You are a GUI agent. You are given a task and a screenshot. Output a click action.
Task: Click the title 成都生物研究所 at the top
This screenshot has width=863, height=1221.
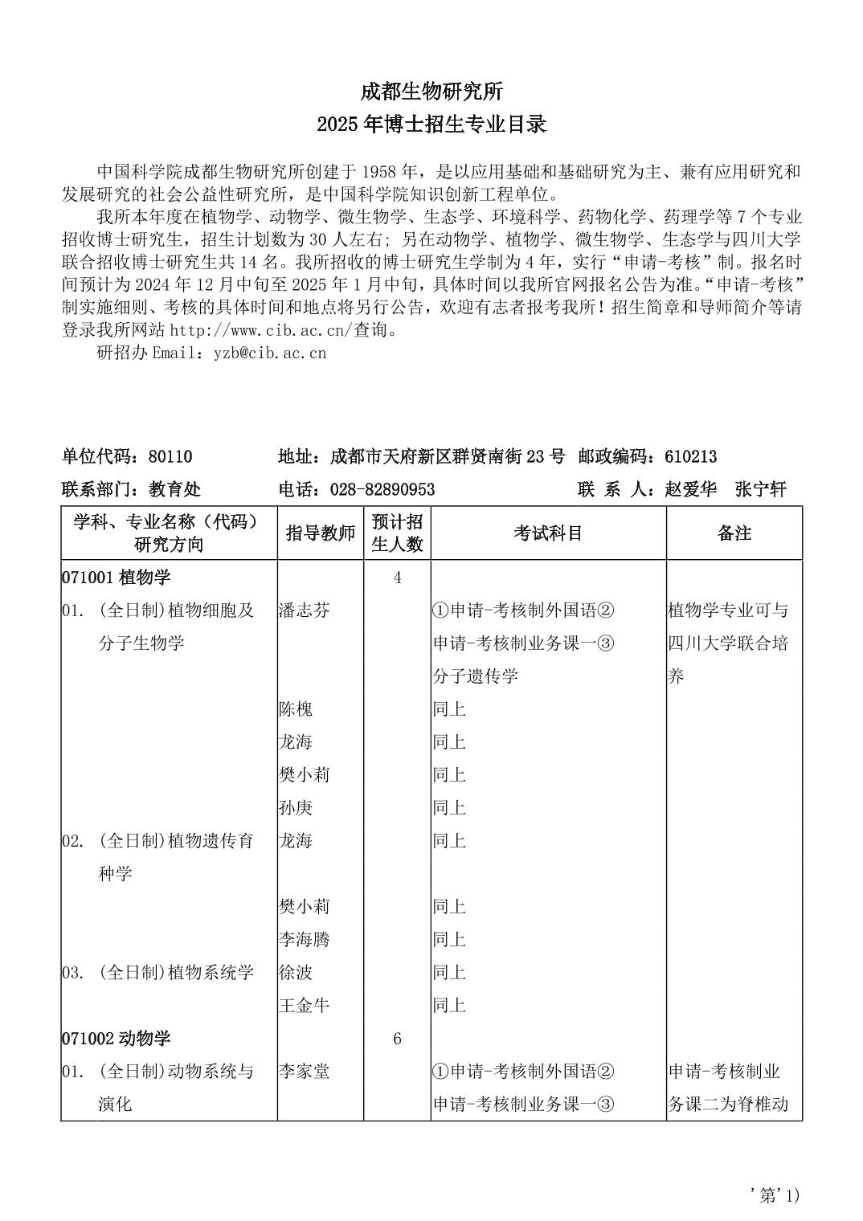431,92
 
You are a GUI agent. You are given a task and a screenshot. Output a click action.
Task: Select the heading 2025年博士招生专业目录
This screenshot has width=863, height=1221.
431,125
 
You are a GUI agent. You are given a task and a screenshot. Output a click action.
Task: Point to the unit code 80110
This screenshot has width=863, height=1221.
170,457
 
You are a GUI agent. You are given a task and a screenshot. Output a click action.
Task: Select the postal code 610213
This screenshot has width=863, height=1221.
691,457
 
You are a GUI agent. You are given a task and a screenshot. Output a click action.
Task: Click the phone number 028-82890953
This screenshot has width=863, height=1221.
378,490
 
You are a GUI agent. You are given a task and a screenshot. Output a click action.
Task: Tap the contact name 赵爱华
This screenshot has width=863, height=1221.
691,490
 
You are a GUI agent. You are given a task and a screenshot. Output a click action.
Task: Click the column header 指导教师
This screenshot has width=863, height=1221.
321,533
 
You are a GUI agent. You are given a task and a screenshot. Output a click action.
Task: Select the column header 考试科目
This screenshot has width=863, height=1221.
548,533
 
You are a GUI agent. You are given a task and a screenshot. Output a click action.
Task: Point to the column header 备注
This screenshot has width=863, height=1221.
734,533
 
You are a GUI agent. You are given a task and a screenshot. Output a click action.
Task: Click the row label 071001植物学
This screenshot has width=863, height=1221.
116,578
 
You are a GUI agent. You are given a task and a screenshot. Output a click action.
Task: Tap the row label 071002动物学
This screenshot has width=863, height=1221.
116,1039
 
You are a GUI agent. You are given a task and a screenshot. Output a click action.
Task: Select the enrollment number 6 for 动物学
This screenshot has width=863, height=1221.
397,1039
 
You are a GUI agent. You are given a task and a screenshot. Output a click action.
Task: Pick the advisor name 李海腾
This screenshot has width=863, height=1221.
304,940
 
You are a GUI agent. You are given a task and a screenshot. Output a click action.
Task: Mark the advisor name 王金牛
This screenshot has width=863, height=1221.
304,1006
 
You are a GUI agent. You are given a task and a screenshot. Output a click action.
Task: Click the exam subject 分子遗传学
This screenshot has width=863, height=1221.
475,676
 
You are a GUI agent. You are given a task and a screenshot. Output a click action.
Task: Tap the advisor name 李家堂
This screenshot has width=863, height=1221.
304,1072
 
